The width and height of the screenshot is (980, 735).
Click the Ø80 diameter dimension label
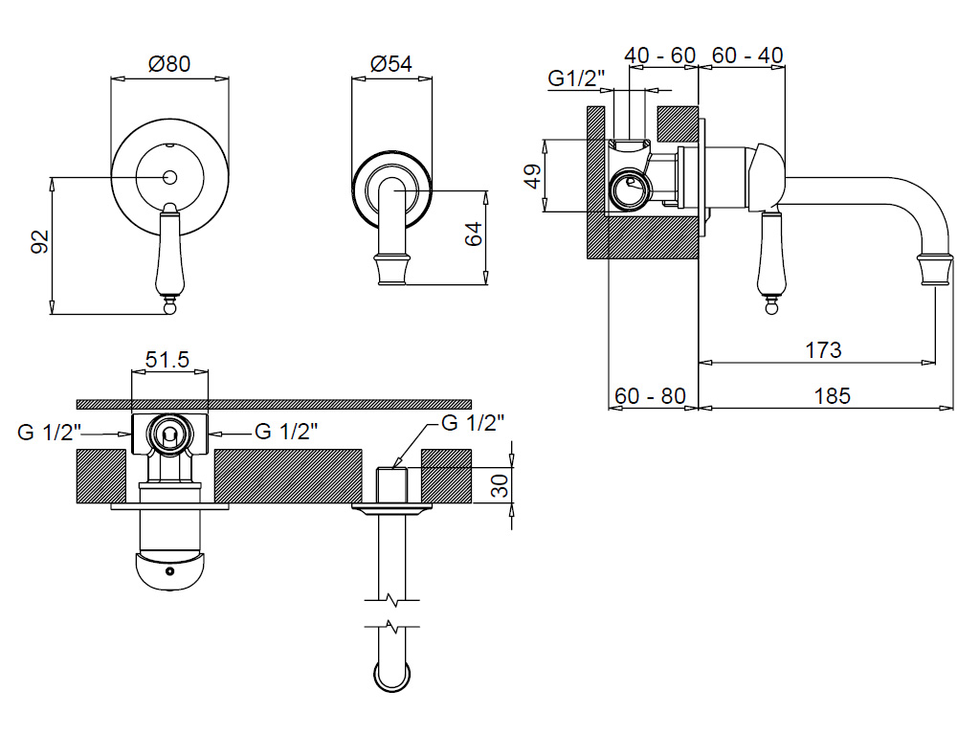coord(168,64)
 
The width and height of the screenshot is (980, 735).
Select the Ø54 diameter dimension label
coord(391,64)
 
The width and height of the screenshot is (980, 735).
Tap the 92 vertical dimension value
coord(40,241)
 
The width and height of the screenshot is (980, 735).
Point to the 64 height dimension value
coord(473,234)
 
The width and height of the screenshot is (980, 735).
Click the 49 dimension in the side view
coord(532,176)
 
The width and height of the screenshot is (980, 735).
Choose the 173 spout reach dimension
coord(822,350)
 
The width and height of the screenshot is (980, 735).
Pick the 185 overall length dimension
coord(832,396)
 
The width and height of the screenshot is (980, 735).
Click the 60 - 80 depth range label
coord(650,396)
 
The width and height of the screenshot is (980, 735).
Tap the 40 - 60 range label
coord(660,55)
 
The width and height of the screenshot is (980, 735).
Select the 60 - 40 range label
coord(747,55)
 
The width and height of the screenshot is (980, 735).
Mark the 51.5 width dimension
coord(167,360)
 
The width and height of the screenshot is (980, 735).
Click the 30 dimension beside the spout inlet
coord(500,485)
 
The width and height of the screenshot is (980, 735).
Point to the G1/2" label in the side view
coord(576,78)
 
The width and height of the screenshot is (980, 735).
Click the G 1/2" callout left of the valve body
coord(50,432)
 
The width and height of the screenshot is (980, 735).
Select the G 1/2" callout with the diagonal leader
coord(473,423)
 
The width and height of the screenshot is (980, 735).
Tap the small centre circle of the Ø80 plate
coord(169,177)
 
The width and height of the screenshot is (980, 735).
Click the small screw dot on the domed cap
coord(169,571)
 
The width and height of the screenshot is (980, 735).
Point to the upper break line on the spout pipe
coord(391,601)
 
